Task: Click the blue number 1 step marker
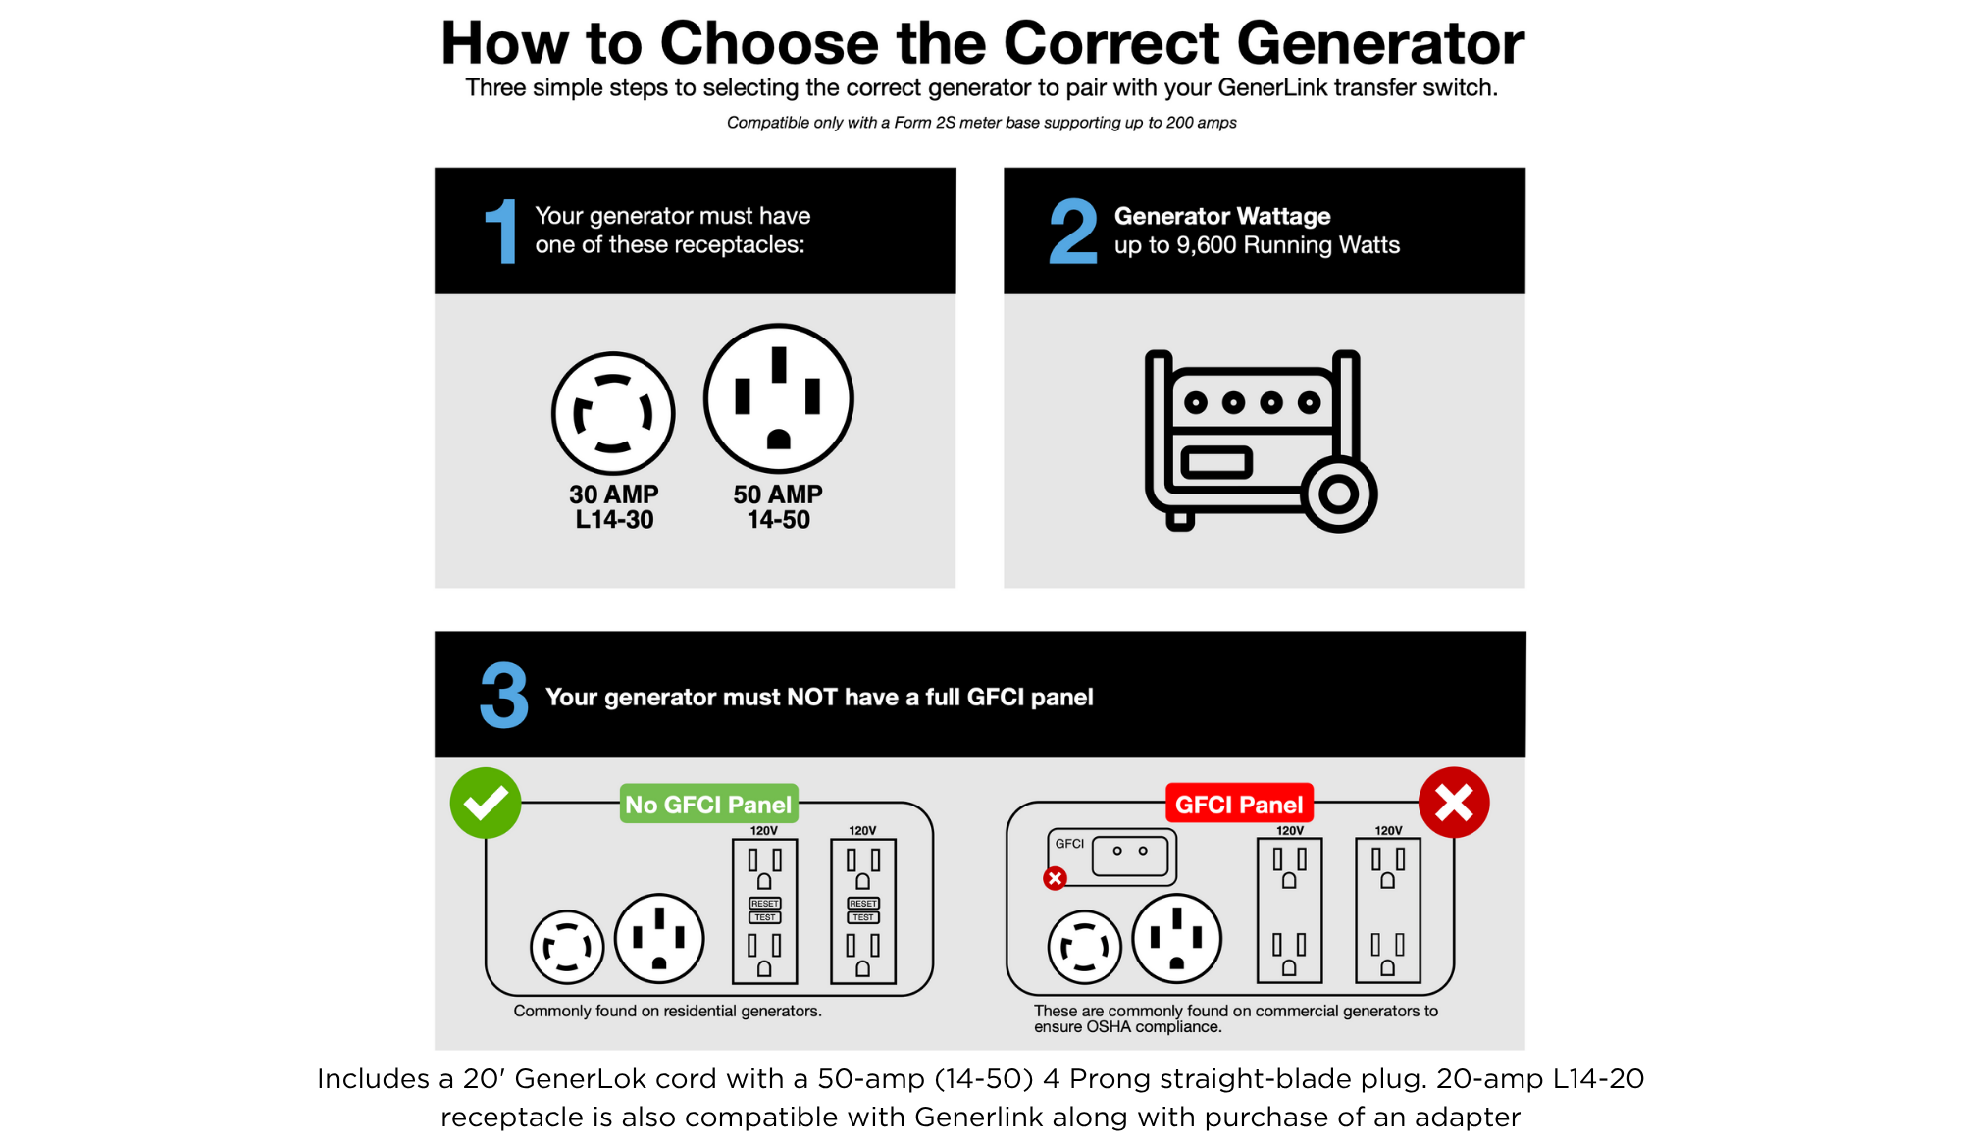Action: coord(501,232)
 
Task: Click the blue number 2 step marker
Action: coord(1072,232)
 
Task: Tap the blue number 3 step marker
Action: coord(504,695)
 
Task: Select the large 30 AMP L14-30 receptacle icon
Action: coord(613,414)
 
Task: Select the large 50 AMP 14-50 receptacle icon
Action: coord(779,398)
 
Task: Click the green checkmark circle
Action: coord(486,803)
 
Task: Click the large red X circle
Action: coord(1454,803)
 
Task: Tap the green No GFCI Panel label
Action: coord(708,805)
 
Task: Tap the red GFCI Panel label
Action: coord(1239,805)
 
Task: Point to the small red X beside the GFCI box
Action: coord(1056,878)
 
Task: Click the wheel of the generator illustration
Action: coord(1339,494)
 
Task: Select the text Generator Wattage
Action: coord(1222,216)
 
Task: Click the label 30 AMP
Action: coord(614,494)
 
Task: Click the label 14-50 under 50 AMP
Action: coord(779,520)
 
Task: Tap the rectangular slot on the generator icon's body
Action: coord(1216,461)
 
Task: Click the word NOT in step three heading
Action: coord(811,698)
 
